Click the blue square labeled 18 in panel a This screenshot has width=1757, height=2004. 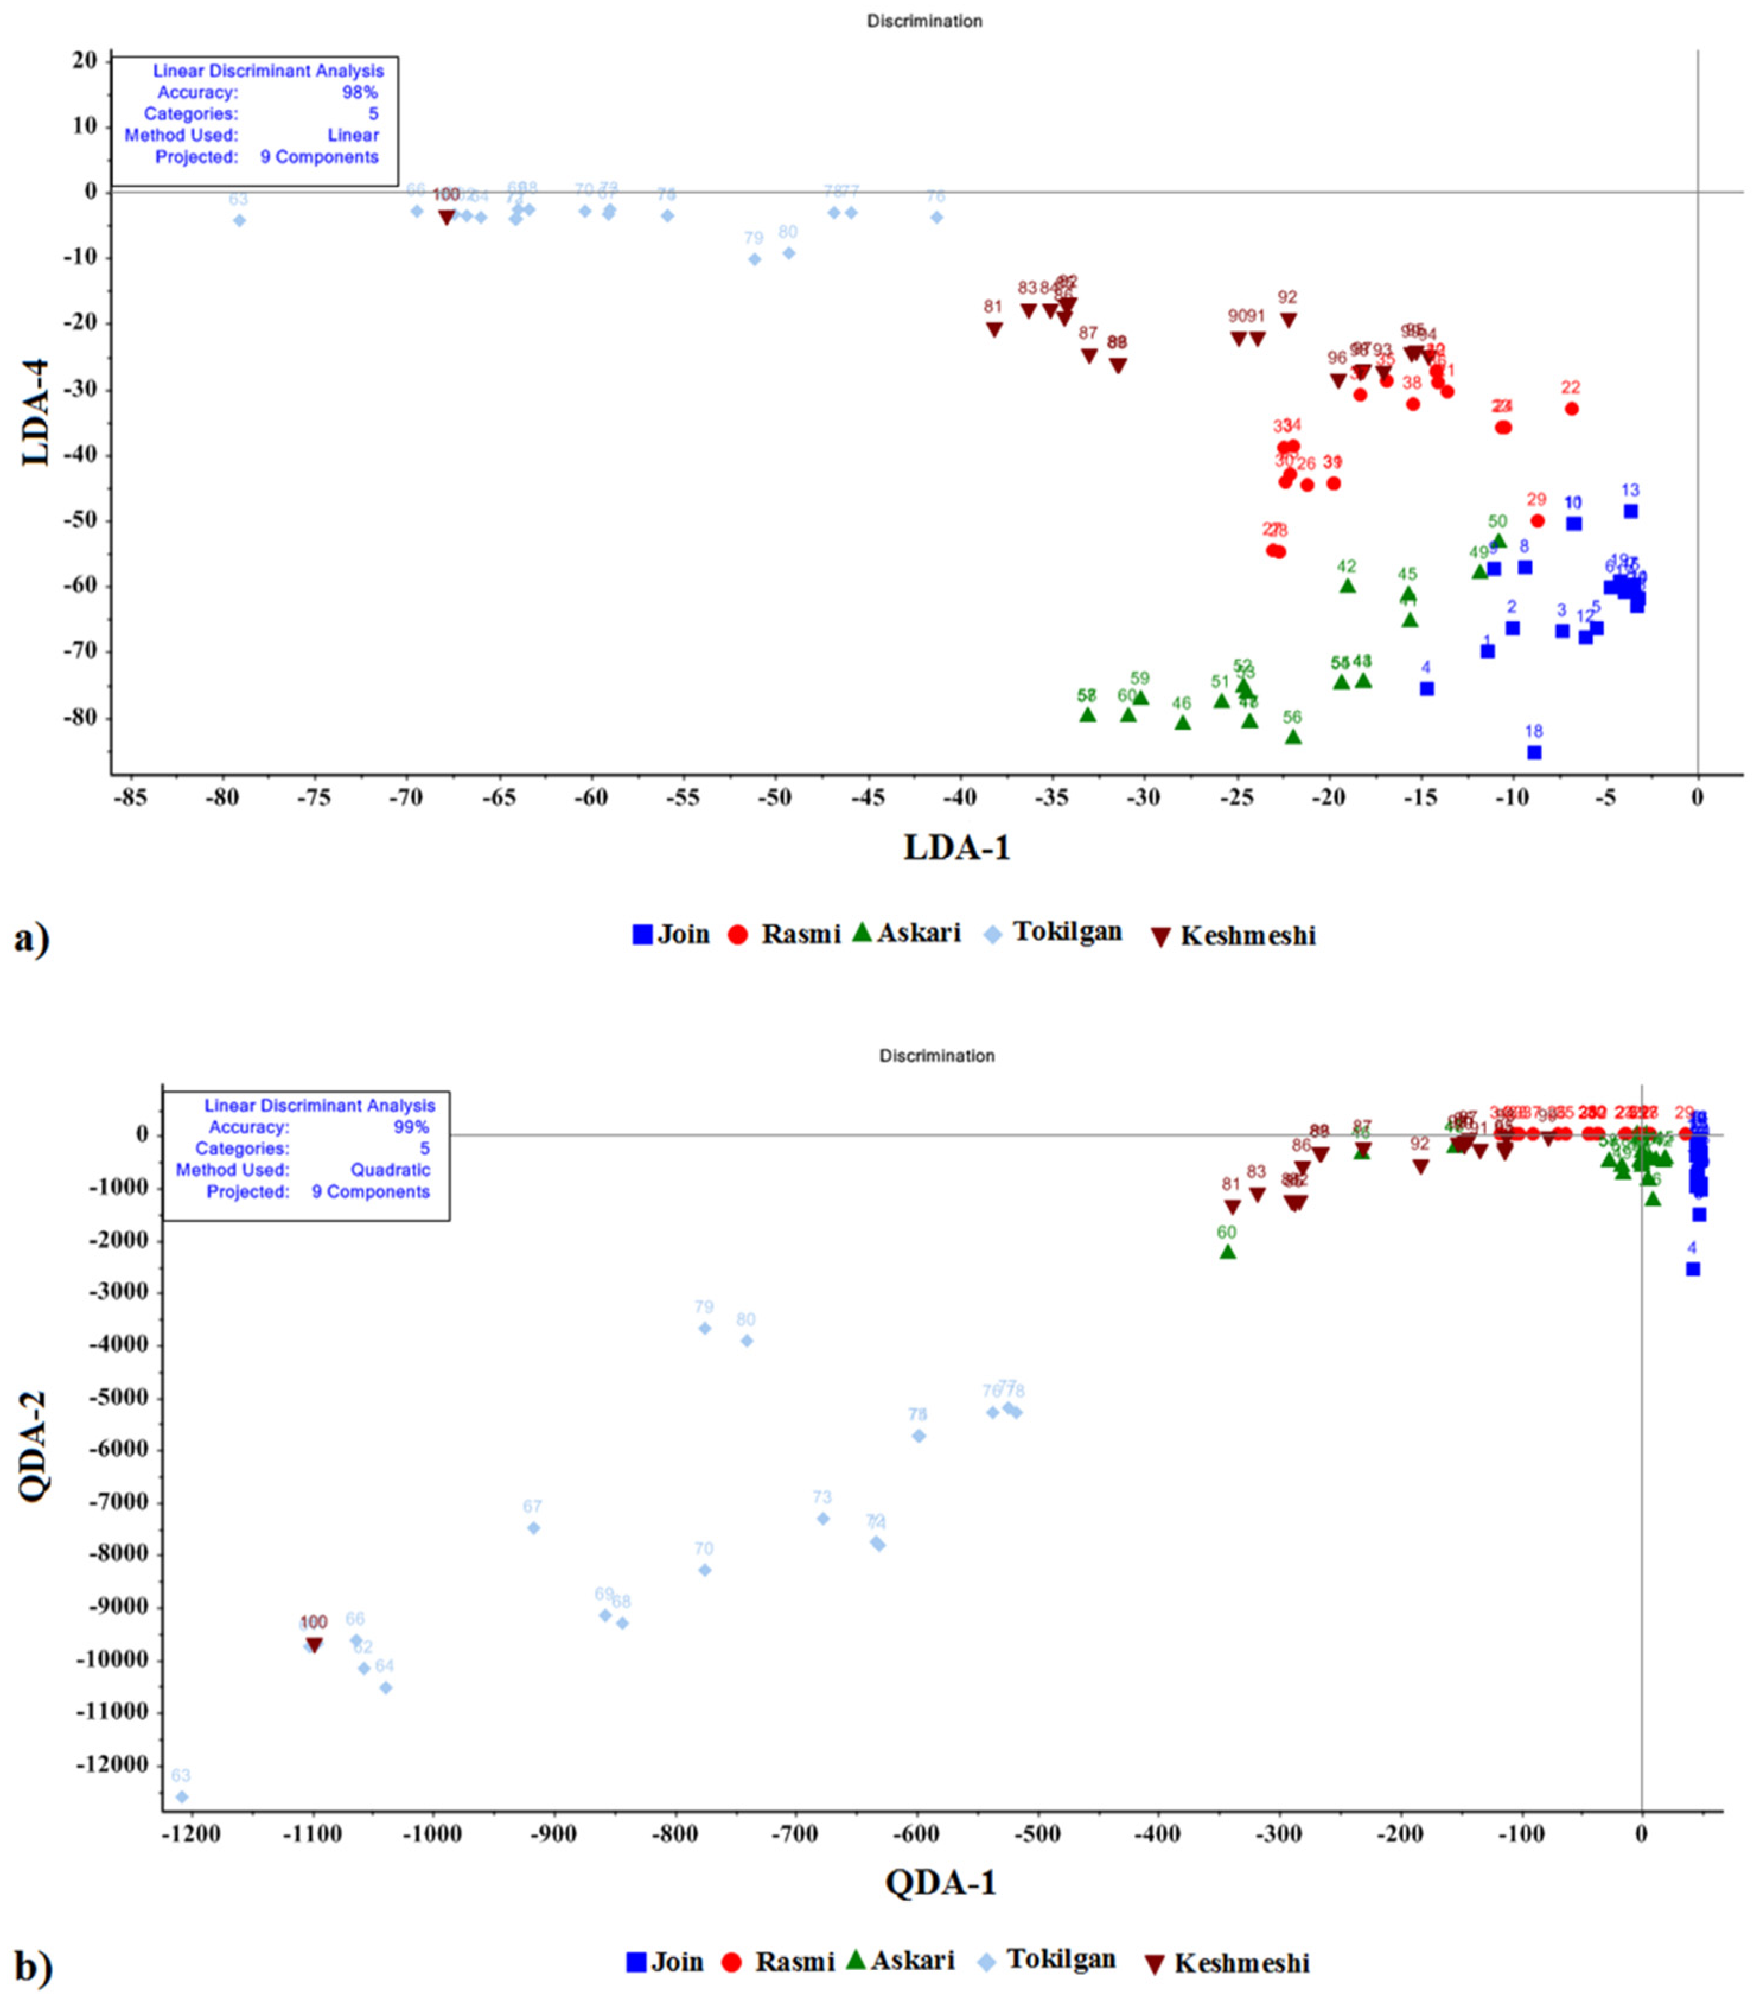(1533, 752)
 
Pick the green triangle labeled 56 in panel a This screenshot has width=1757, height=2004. (1293, 736)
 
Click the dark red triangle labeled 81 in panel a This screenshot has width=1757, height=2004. (994, 329)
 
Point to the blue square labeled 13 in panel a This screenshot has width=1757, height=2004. (1630, 511)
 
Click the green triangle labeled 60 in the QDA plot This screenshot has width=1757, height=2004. (1227, 1252)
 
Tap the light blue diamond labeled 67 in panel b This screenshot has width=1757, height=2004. (533, 1528)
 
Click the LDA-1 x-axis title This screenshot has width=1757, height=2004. (956, 847)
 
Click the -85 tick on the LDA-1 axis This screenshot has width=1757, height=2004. (130, 798)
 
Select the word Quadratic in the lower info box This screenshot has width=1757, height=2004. (390, 1170)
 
